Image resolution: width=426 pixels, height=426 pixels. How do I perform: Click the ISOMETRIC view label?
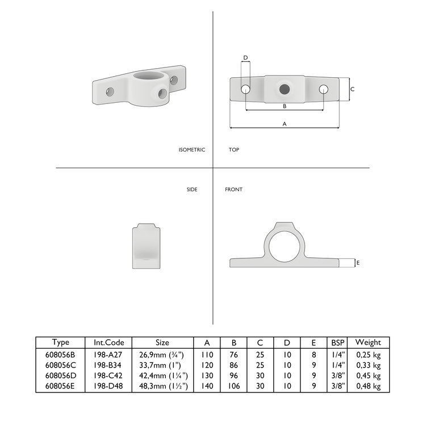click(191, 150)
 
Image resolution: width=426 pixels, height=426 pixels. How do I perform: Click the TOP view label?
click(234, 150)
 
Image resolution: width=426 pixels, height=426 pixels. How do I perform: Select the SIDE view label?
click(192, 189)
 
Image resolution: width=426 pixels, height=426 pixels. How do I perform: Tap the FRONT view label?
click(233, 189)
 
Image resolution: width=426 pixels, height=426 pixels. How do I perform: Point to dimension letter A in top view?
click(284, 123)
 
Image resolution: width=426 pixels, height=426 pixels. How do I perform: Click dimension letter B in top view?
click(284, 106)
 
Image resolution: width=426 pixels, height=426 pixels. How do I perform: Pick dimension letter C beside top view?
click(353, 89)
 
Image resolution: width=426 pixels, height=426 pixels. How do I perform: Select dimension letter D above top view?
click(245, 58)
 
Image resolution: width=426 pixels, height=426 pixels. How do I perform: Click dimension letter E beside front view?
click(358, 262)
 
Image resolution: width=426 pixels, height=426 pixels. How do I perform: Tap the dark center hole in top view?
click(284, 89)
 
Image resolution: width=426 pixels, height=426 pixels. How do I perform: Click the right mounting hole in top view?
click(323, 89)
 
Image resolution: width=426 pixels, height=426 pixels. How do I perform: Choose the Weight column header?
click(367, 342)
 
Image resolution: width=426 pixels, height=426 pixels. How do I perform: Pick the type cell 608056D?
click(61, 375)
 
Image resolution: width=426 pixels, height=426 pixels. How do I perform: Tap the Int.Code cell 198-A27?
click(108, 354)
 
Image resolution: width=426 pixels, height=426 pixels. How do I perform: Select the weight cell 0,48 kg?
click(367, 386)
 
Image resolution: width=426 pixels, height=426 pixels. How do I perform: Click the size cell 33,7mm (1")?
click(162, 365)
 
